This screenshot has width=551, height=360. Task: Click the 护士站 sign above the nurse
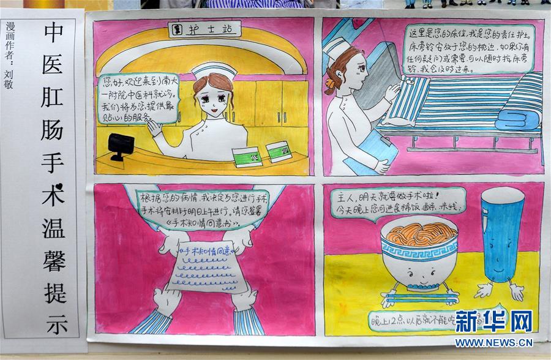(204, 29)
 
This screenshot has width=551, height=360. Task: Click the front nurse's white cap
(213, 70)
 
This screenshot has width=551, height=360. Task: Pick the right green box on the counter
(279, 151)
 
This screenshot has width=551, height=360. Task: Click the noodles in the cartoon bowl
(419, 233)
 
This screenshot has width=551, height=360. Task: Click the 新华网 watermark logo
(493, 321)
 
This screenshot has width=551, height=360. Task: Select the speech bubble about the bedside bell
(468, 49)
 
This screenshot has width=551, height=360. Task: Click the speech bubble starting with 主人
(401, 203)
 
